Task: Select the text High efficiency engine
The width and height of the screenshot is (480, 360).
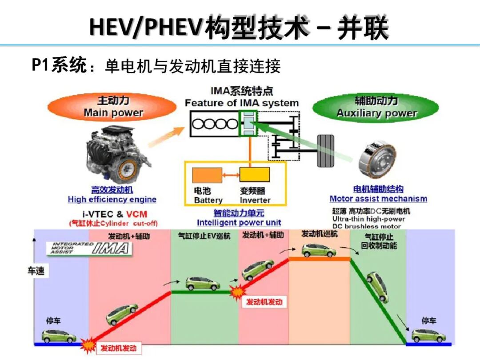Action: coord(112,200)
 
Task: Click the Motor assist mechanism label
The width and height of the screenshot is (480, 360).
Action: coord(378,199)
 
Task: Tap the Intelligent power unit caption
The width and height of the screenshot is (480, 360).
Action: coord(239,223)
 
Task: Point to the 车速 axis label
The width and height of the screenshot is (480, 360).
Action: coord(36,270)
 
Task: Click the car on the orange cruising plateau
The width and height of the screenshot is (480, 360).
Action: coord(319,250)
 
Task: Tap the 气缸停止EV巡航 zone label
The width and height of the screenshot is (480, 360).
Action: coord(204,236)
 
